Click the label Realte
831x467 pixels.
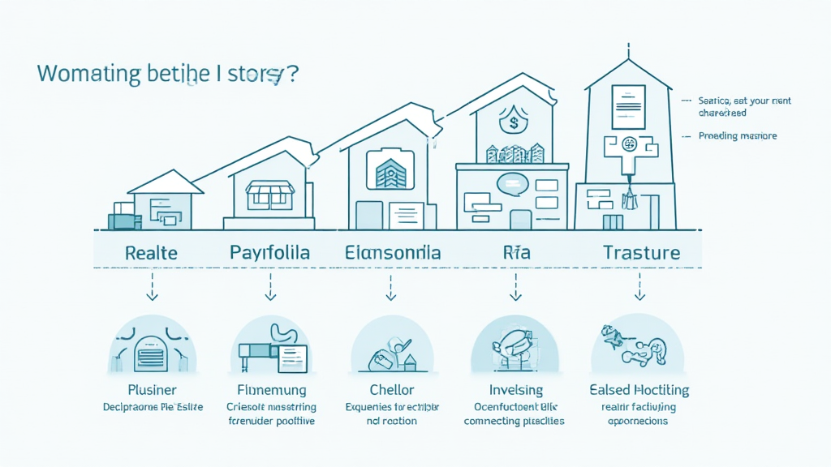click(152, 252)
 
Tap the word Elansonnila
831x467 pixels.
click(393, 252)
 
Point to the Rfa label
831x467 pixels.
click(516, 252)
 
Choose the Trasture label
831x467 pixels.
click(641, 252)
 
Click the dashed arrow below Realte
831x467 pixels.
click(152, 286)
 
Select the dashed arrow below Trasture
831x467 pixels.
click(641, 286)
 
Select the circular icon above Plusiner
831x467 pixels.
click(153, 349)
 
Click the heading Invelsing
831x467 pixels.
click(515, 390)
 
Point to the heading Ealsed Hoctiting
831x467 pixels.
click(640, 390)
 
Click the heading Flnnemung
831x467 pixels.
click(272, 390)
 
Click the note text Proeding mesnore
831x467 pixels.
click(738, 136)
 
